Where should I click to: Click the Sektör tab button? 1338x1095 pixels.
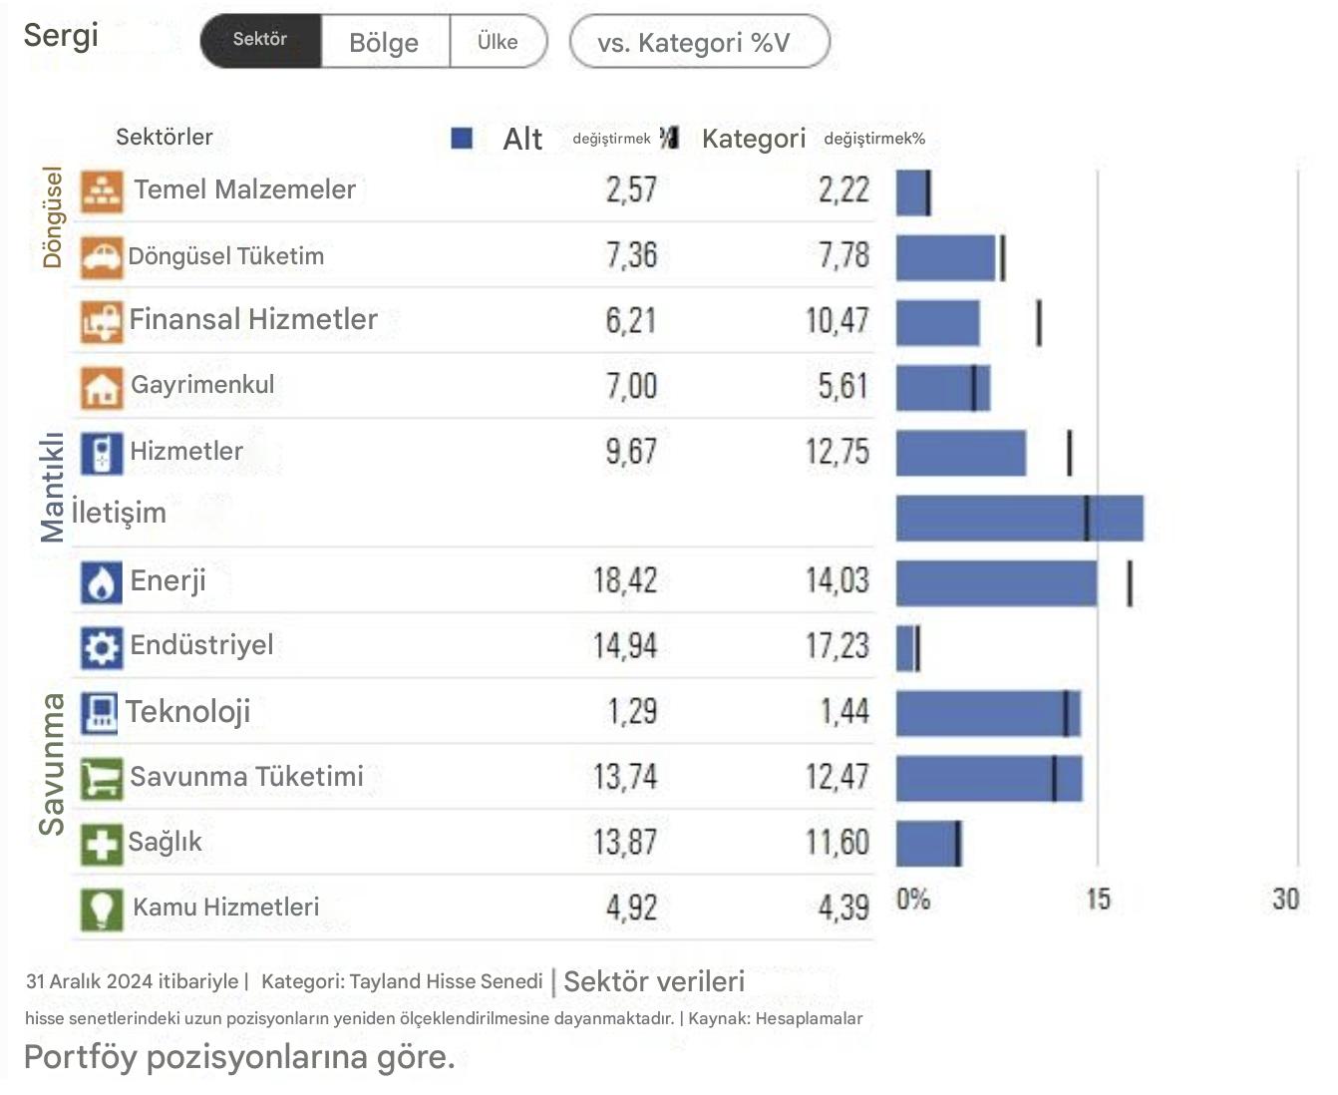point(260,41)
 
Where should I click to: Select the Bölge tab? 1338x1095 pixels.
point(384,42)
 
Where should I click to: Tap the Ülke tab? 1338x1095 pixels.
point(498,42)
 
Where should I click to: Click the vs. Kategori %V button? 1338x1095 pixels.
point(698,42)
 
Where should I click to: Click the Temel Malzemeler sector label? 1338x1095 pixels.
point(244,189)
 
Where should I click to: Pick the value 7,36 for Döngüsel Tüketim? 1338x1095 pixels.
point(631,255)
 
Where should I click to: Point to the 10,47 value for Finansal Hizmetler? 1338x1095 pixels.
point(837,320)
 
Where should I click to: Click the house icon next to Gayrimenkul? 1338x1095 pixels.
point(101,387)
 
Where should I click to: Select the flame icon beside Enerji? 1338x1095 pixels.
point(101,582)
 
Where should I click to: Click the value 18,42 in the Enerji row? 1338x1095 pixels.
point(625,580)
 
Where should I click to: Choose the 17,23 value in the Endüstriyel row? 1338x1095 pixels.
point(837,646)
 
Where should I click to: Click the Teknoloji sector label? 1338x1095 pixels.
point(187,711)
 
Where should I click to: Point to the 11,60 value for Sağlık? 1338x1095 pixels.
point(837,843)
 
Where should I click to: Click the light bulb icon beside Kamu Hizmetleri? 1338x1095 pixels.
point(101,909)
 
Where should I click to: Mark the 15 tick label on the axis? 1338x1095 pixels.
point(1098,900)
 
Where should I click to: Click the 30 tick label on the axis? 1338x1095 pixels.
point(1285,900)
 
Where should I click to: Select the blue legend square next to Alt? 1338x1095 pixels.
point(462,138)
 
